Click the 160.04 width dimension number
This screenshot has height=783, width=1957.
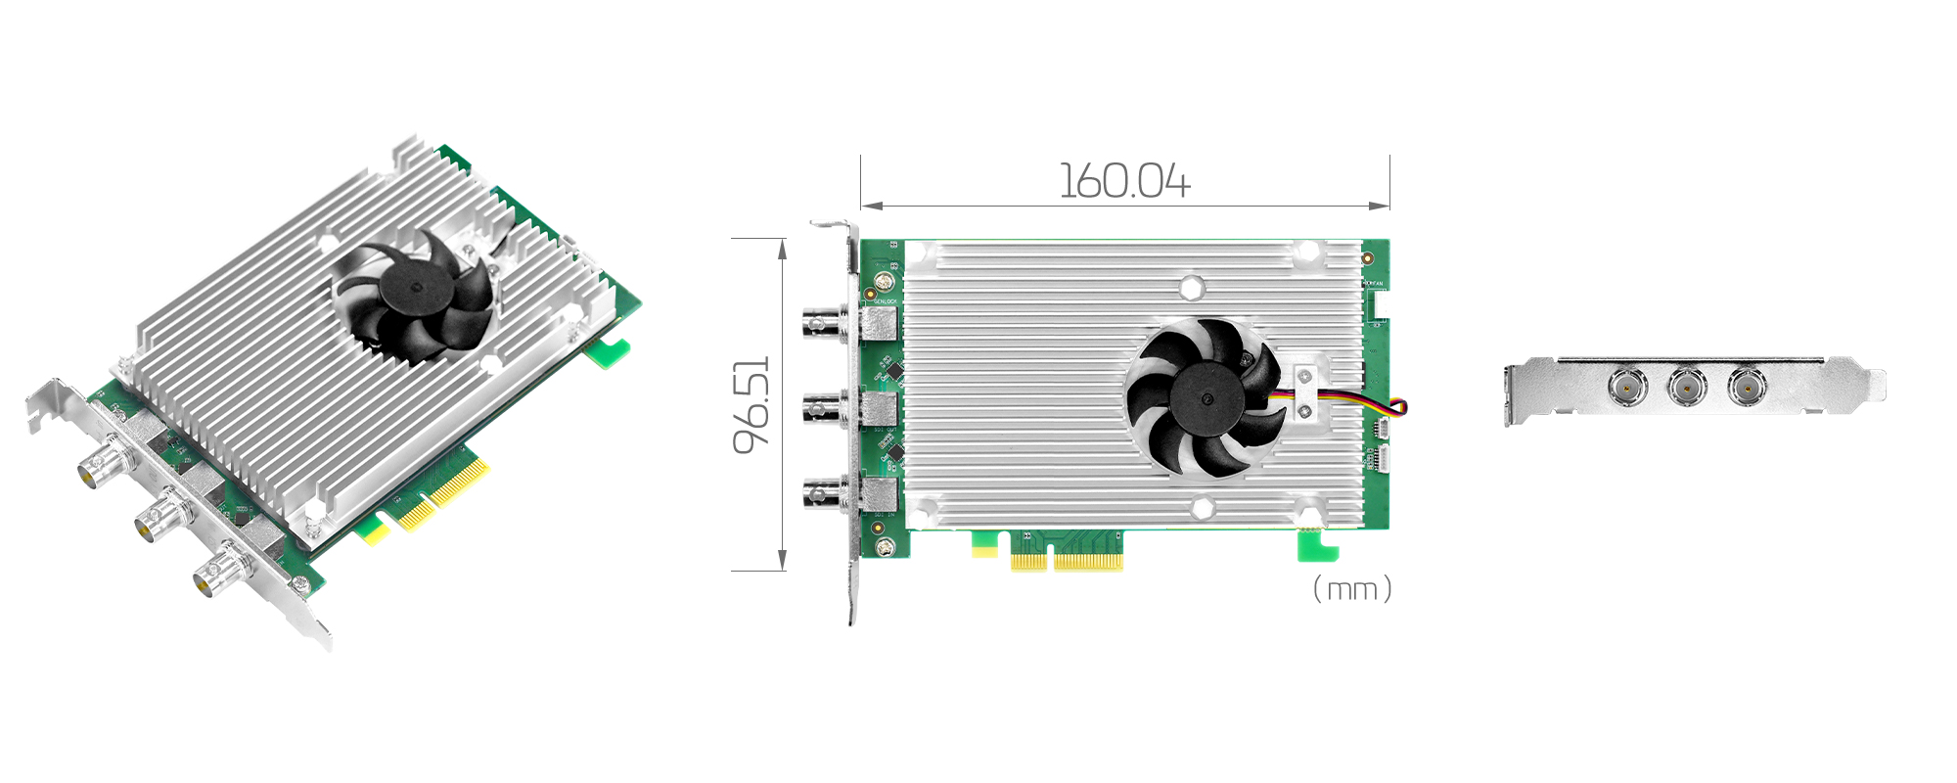click(1124, 182)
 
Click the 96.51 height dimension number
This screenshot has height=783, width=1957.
click(752, 404)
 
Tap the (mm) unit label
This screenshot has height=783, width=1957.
click(1351, 589)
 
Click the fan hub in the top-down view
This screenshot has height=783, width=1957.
click(1206, 397)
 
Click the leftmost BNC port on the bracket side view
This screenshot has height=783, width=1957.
click(1626, 387)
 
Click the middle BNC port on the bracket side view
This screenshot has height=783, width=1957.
click(1686, 387)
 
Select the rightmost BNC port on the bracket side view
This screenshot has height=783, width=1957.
click(1746, 387)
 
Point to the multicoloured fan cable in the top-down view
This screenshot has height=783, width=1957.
click(1370, 403)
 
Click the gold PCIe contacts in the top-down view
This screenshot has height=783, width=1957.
click(1067, 561)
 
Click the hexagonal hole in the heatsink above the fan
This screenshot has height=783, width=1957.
click(1191, 288)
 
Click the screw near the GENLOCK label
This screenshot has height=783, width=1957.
click(884, 283)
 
